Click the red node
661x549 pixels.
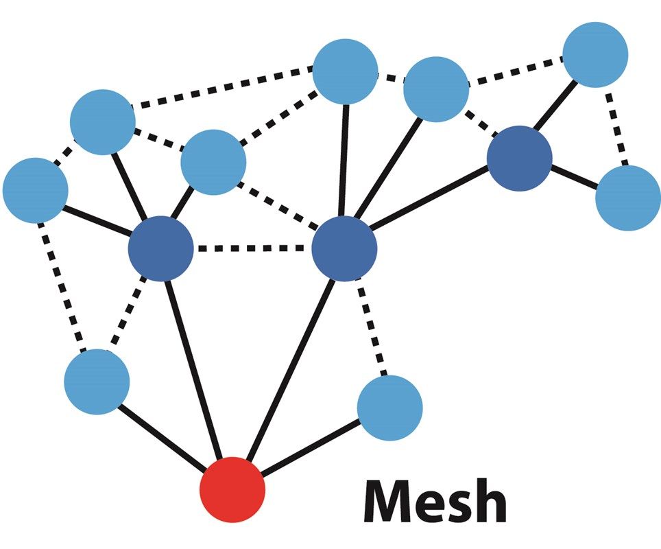[232, 489]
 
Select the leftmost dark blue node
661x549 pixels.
[160, 248]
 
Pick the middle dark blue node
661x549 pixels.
[344, 248]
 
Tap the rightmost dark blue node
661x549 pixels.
[520, 158]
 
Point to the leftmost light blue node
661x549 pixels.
[35, 190]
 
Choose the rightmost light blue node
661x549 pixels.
[627, 198]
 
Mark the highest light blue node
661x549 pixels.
[595, 55]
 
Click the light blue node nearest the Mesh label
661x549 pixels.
[389, 408]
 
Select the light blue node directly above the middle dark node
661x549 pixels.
[345, 71]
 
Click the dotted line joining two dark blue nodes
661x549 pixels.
[252, 248]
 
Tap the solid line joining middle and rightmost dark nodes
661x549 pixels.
[432, 203]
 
